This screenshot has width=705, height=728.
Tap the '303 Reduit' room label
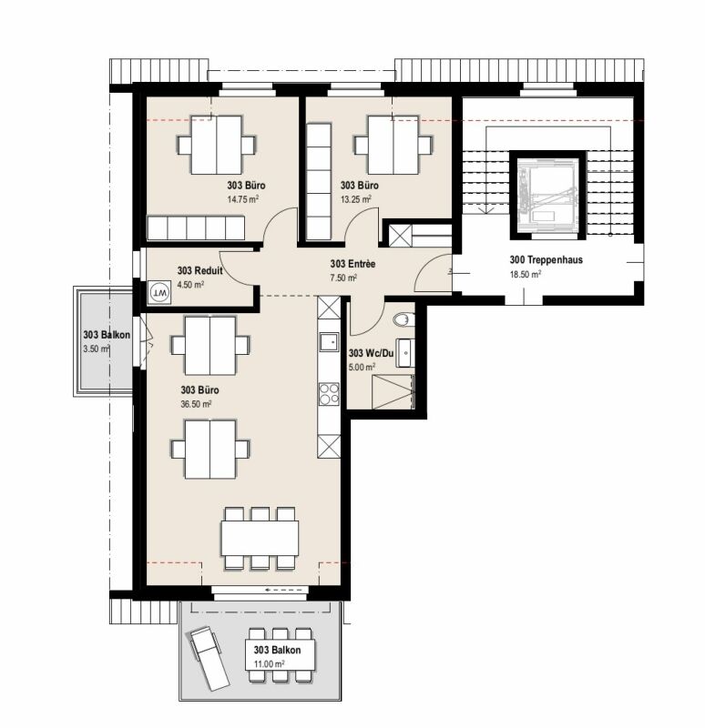[x=197, y=271]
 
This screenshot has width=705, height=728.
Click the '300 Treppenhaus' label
[x=546, y=259]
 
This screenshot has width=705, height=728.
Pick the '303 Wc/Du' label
[x=371, y=353]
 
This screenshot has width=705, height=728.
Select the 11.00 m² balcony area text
[x=268, y=664]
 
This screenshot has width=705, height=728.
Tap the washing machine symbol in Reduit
[x=159, y=293]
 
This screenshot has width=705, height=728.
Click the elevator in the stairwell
[x=545, y=192]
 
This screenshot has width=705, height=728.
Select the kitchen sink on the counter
[x=328, y=343]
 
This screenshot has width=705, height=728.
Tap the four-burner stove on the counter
[x=328, y=393]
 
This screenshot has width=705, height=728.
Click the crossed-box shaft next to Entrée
[x=399, y=235]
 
